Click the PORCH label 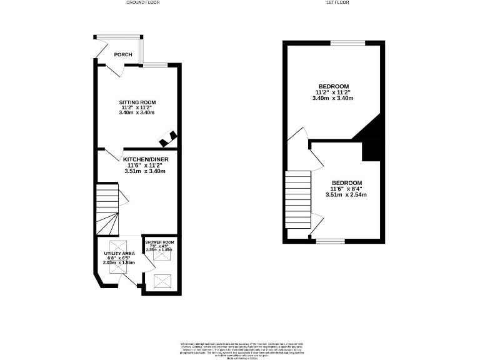click(x=122, y=54)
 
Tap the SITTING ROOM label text click(x=137, y=102)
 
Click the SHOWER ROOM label click(x=160, y=242)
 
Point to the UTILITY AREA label click(x=119, y=253)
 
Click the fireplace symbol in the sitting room click(x=169, y=134)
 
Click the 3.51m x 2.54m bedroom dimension click(x=346, y=194)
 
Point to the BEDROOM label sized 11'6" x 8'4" click(x=346, y=182)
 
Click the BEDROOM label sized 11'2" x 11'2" click(x=333, y=86)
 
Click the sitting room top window click(x=154, y=64)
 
